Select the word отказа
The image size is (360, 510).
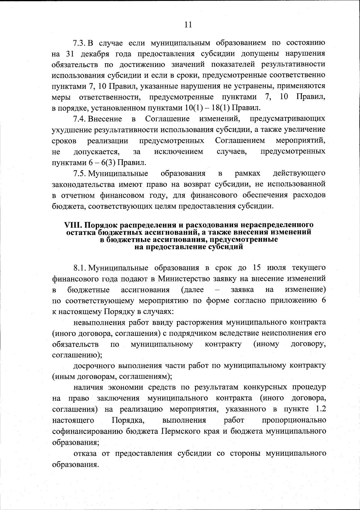(85, 454)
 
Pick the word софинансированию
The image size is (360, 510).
(87, 431)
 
